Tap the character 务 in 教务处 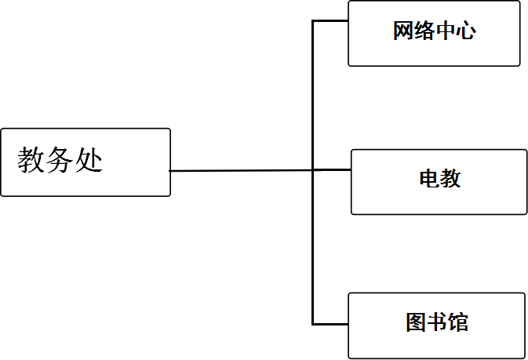(x=60, y=161)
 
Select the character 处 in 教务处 (x=89, y=161)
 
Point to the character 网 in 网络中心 (x=402, y=31)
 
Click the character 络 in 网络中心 (x=424, y=31)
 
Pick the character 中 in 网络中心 (x=444, y=31)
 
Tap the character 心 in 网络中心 (x=465, y=31)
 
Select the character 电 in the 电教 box (x=429, y=179)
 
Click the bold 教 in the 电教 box (x=450, y=179)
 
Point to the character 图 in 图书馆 (x=416, y=322)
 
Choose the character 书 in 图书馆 (x=437, y=322)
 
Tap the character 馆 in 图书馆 (x=458, y=322)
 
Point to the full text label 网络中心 (x=434, y=31)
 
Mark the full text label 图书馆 (x=437, y=322)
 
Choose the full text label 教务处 (x=60, y=161)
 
